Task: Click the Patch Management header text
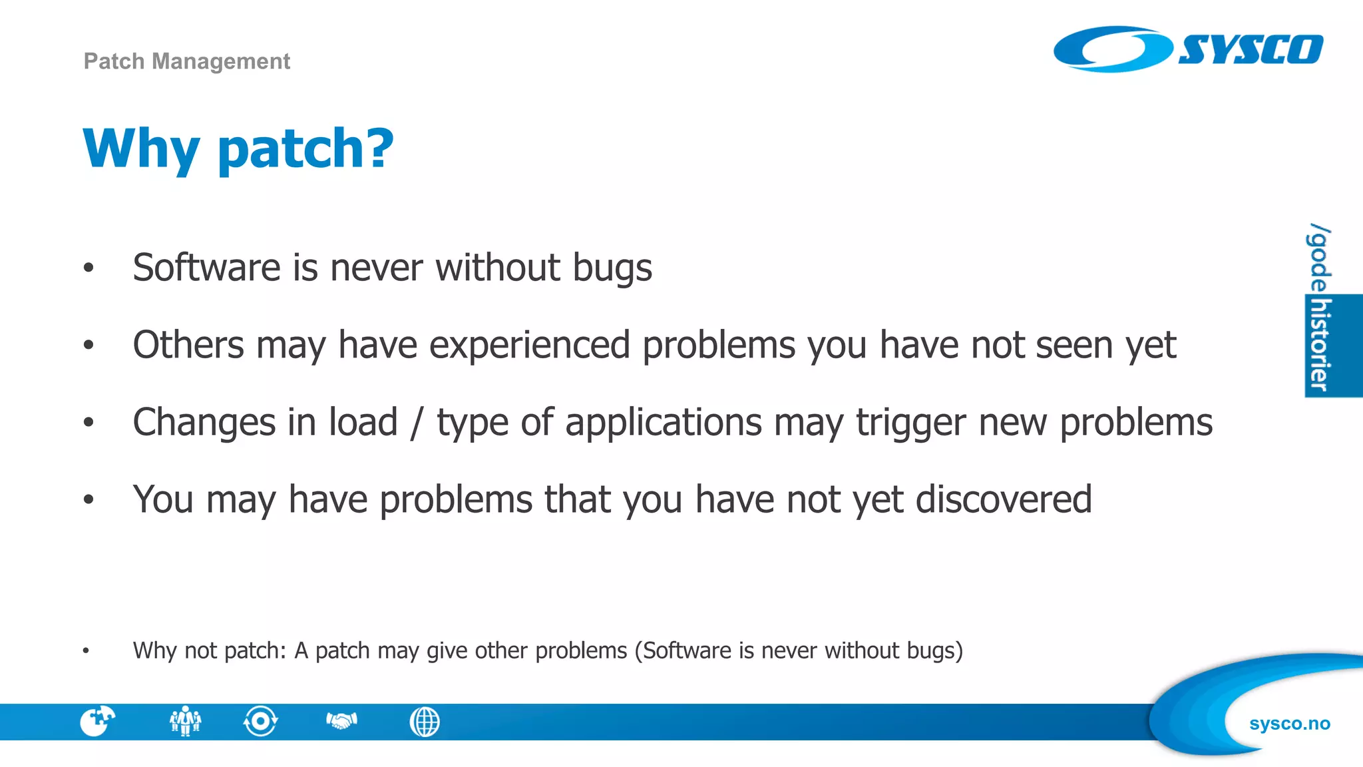(x=186, y=61)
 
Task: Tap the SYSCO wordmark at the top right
(x=1251, y=50)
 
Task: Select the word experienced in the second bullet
(x=529, y=345)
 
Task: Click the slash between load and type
(x=417, y=423)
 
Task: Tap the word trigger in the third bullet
(x=910, y=423)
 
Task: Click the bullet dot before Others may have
(x=89, y=345)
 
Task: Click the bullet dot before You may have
(x=89, y=499)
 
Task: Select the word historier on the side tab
(x=1320, y=345)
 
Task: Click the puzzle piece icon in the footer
(x=97, y=721)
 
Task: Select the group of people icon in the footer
(x=185, y=721)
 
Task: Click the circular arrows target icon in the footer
(x=260, y=721)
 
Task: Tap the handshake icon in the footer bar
(x=342, y=720)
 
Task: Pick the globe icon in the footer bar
(x=425, y=722)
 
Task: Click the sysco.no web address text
(x=1289, y=724)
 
